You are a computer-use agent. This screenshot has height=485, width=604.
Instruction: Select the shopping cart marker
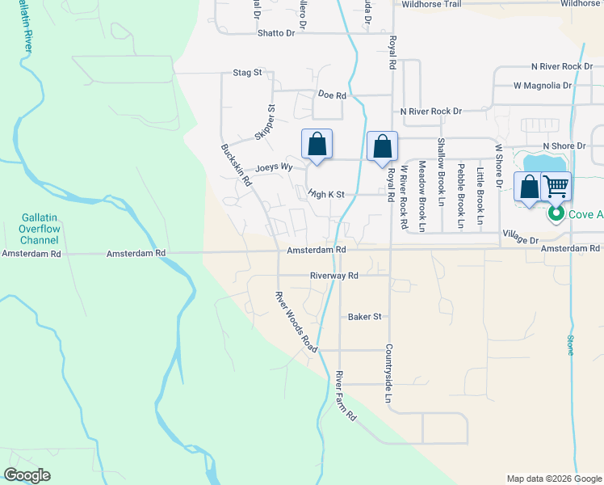coord(556,187)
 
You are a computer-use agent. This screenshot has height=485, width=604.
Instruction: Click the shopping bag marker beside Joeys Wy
coord(317,145)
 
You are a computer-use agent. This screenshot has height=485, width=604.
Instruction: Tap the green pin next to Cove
coord(556,214)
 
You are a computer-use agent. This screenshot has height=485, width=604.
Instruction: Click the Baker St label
coord(364,317)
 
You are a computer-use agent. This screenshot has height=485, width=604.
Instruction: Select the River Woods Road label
coord(294,320)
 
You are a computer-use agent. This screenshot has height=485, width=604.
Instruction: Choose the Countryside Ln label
coord(388,373)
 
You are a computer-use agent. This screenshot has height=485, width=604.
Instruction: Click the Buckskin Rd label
coord(237,165)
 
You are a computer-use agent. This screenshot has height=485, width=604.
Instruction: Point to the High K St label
coord(326,194)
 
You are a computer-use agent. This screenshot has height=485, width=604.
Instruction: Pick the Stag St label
coord(247,73)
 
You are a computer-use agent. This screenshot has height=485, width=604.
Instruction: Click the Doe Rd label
coord(332,95)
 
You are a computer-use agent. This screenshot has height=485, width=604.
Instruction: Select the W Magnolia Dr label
coord(543,85)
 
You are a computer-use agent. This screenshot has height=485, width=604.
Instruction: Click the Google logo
coord(27,475)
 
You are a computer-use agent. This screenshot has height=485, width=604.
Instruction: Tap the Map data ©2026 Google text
coord(554,479)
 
